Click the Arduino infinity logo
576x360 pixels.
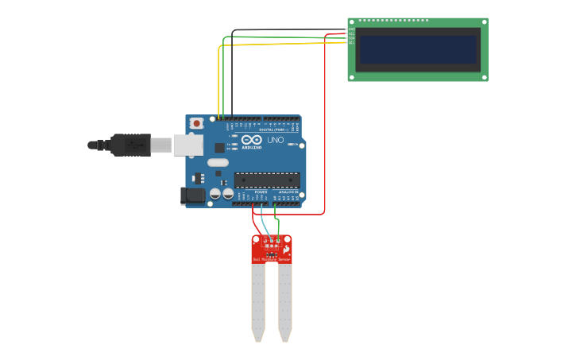(x=252, y=141)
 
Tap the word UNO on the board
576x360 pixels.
(x=275, y=141)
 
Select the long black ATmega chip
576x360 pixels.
(x=267, y=180)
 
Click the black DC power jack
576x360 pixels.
(x=192, y=195)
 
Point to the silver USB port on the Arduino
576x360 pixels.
(x=187, y=145)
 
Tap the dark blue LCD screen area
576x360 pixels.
(x=418, y=49)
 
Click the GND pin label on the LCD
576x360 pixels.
(x=351, y=29)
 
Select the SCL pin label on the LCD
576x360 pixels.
(x=351, y=43)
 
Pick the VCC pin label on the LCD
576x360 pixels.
(x=351, y=34)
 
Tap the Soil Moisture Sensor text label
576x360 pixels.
(x=271, y=259)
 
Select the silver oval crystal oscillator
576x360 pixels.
(x=218, y=162)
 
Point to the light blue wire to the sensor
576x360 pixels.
(x=264, y=223)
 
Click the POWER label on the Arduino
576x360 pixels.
(x=261, y=192)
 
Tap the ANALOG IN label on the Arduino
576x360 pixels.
(x=288, y=192)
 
